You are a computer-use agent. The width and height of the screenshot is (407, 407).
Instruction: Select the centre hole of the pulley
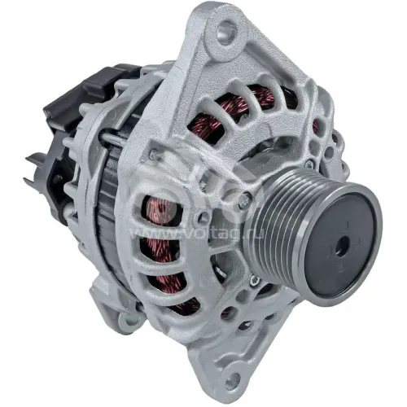[342, 246]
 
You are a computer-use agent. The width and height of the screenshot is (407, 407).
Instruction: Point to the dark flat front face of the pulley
[343, 245]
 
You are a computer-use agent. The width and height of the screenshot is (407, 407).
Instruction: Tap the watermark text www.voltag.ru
[197, 234]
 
